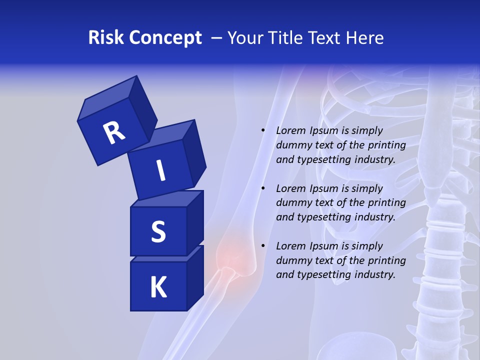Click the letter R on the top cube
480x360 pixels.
[x=114, y=132]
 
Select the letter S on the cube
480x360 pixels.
[x=158, y=232]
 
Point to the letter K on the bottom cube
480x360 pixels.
[x=158, y=287]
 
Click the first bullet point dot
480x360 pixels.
[x=263, y=131]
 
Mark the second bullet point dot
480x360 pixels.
[x=263, y=189]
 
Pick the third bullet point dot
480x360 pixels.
[x=263, y=246]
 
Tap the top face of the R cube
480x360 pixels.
[x=107, y=99]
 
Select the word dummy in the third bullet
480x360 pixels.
[x=293, y=260]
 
